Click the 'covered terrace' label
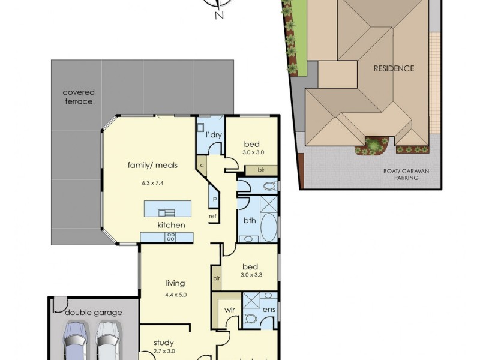click(x=79, y=97)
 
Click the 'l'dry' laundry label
click(x=214, y=135)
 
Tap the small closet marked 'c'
click(x=202, y=164)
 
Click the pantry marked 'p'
click(x=214, y=197)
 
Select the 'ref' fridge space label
click(x=212, y=216)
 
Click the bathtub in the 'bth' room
click(x=268, y=225)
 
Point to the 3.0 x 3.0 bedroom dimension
click(x=251, y=153)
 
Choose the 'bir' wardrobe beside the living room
click(x=216, y=278)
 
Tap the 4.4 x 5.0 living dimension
click(x=176, y=294)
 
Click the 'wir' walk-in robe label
click(x=229, y=310)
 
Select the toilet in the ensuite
click(x=253, y=319)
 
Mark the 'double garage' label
click(x=94, y=312)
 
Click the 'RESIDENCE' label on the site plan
click(x=394, y=68)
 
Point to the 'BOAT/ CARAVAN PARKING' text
click(x=410, y=174)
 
